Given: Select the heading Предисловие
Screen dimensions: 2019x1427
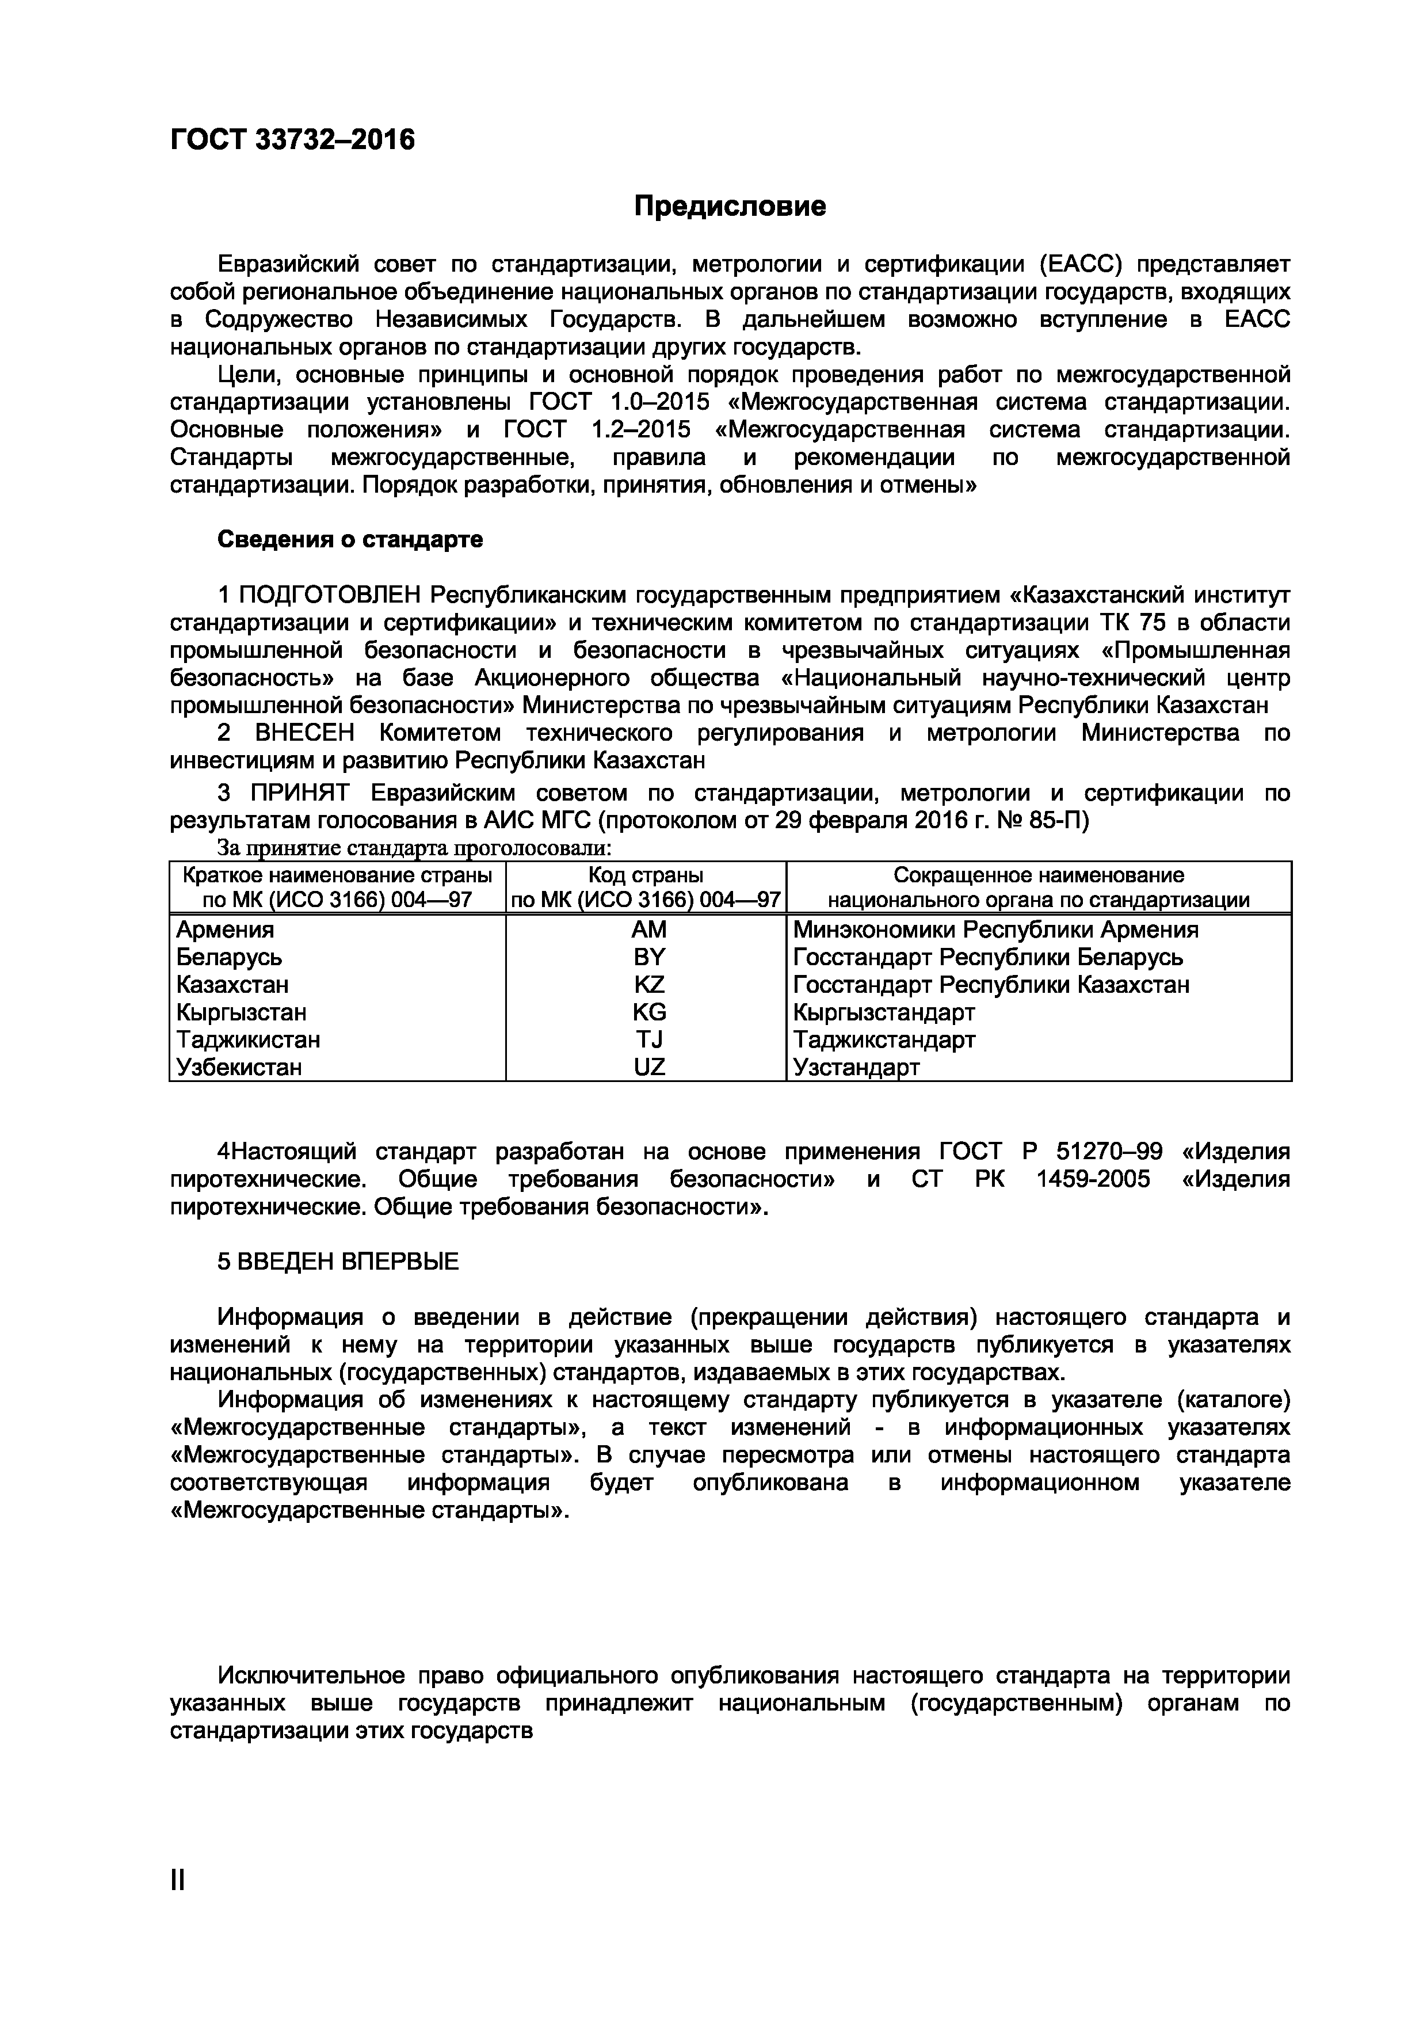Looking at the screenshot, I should [730, 207].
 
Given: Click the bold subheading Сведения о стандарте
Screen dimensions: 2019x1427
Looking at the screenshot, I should [350, 539].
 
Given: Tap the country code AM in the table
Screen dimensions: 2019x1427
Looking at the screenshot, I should [649, 929].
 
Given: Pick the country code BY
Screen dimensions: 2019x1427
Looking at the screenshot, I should [649, 957].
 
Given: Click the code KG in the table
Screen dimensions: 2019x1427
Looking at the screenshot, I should [649, 1012].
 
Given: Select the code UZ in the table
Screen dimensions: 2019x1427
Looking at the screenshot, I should [649, 1068].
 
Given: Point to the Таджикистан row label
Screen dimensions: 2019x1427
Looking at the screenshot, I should [248, 1040].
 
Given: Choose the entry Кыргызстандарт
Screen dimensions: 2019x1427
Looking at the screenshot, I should [884, 1012].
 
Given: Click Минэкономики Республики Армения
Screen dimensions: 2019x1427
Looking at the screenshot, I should [995, 929].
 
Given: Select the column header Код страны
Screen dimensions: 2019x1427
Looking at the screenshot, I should [646, 875].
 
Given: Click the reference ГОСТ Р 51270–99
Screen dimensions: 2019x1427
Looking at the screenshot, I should [1051, 1152].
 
